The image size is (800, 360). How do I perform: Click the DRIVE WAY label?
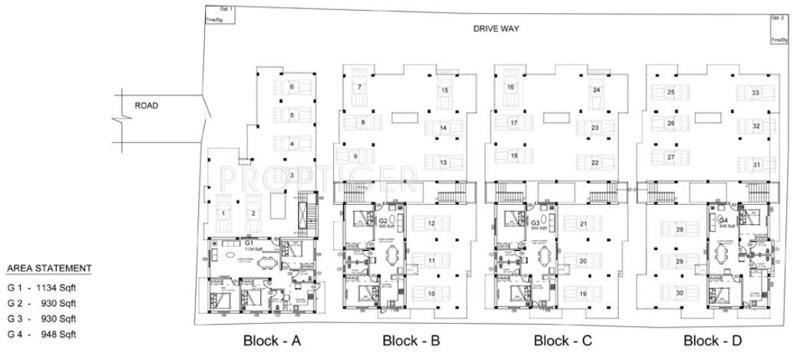[x=496, y=28]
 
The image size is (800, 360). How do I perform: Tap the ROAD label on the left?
[x=147, y=106]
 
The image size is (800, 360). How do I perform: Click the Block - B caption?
[x=411, y=340]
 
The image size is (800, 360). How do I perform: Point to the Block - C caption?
[x=563, y=340]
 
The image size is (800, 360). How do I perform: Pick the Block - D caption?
[x=712, y=340]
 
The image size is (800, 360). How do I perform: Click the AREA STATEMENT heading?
[x=49, y=268]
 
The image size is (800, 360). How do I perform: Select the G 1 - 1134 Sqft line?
[x=42, y=286]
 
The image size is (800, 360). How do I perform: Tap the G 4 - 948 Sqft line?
[x=42, y=334]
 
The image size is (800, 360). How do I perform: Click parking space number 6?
[x=292, y=88]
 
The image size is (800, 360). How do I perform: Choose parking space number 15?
[x=445, y=91]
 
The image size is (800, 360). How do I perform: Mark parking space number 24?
[x=596, y=91]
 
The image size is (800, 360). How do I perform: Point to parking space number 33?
[x=756, y=93]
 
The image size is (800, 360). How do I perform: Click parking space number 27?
[x=670, y=157]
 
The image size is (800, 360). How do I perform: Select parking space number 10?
[x=431, y=294]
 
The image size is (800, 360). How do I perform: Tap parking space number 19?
[x=583, y=294]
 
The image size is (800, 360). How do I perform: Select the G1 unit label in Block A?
[x=250, y=243]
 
